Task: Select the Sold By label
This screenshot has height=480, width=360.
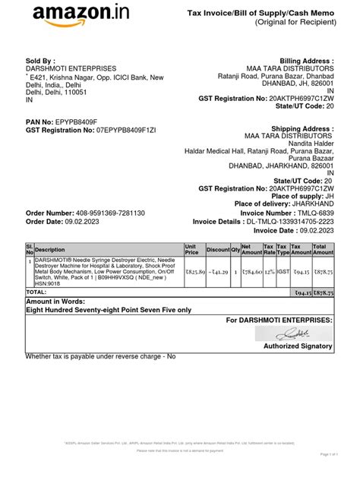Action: tap(40, 61)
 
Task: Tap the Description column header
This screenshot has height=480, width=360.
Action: tap(50, 250)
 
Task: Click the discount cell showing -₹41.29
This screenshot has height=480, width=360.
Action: tap(219, 270)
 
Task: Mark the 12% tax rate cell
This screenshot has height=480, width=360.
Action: tap(268, 270)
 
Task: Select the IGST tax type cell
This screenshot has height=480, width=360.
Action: tap(283, 270)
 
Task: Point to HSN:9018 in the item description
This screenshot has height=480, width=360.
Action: tap(49, 283)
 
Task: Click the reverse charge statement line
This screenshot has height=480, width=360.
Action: tap(100, 355)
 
